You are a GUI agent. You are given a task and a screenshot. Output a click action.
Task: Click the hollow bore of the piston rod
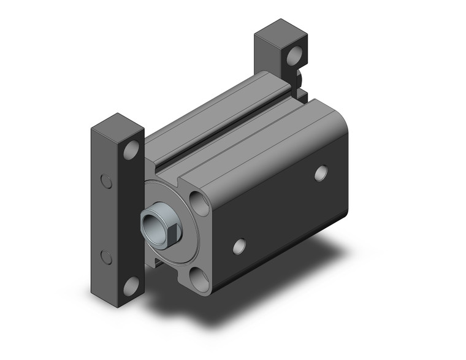click(x=149, y=219)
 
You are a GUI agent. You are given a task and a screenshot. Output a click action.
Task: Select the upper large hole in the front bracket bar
click(x=131, y=150)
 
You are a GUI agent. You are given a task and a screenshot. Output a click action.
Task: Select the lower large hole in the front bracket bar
click(x=131, y=285)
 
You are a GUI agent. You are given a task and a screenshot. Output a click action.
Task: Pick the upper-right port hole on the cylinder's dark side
click(x=320, y=173)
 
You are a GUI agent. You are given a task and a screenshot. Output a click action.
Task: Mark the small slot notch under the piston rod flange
click(x=159, y=261)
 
